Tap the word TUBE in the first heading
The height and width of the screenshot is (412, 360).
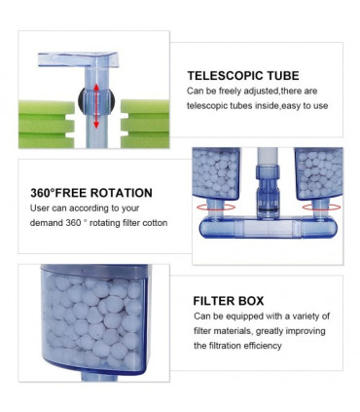tap(283, 76)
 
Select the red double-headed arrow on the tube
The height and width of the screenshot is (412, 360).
tap(96, 106)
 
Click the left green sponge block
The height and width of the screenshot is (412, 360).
tap(46, 124)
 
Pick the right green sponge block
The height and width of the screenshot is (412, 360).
tap(145, 124)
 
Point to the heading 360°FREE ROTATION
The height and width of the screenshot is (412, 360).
tap(91, 193)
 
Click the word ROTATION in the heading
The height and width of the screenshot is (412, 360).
tap(121, 193)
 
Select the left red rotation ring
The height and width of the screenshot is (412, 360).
tap(216, 207)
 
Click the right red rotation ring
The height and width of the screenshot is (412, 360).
tap(321, 207)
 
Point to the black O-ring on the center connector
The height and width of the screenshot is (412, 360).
tap(268, 210)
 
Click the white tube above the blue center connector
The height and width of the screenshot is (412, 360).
tap(268, 157)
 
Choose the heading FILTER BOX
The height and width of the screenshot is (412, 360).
tap(229, 301)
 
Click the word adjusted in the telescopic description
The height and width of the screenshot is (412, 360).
tap(261, 92)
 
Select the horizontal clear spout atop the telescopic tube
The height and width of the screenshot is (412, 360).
tap(78, 59)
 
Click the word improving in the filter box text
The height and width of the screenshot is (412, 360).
tap(306, 331)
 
